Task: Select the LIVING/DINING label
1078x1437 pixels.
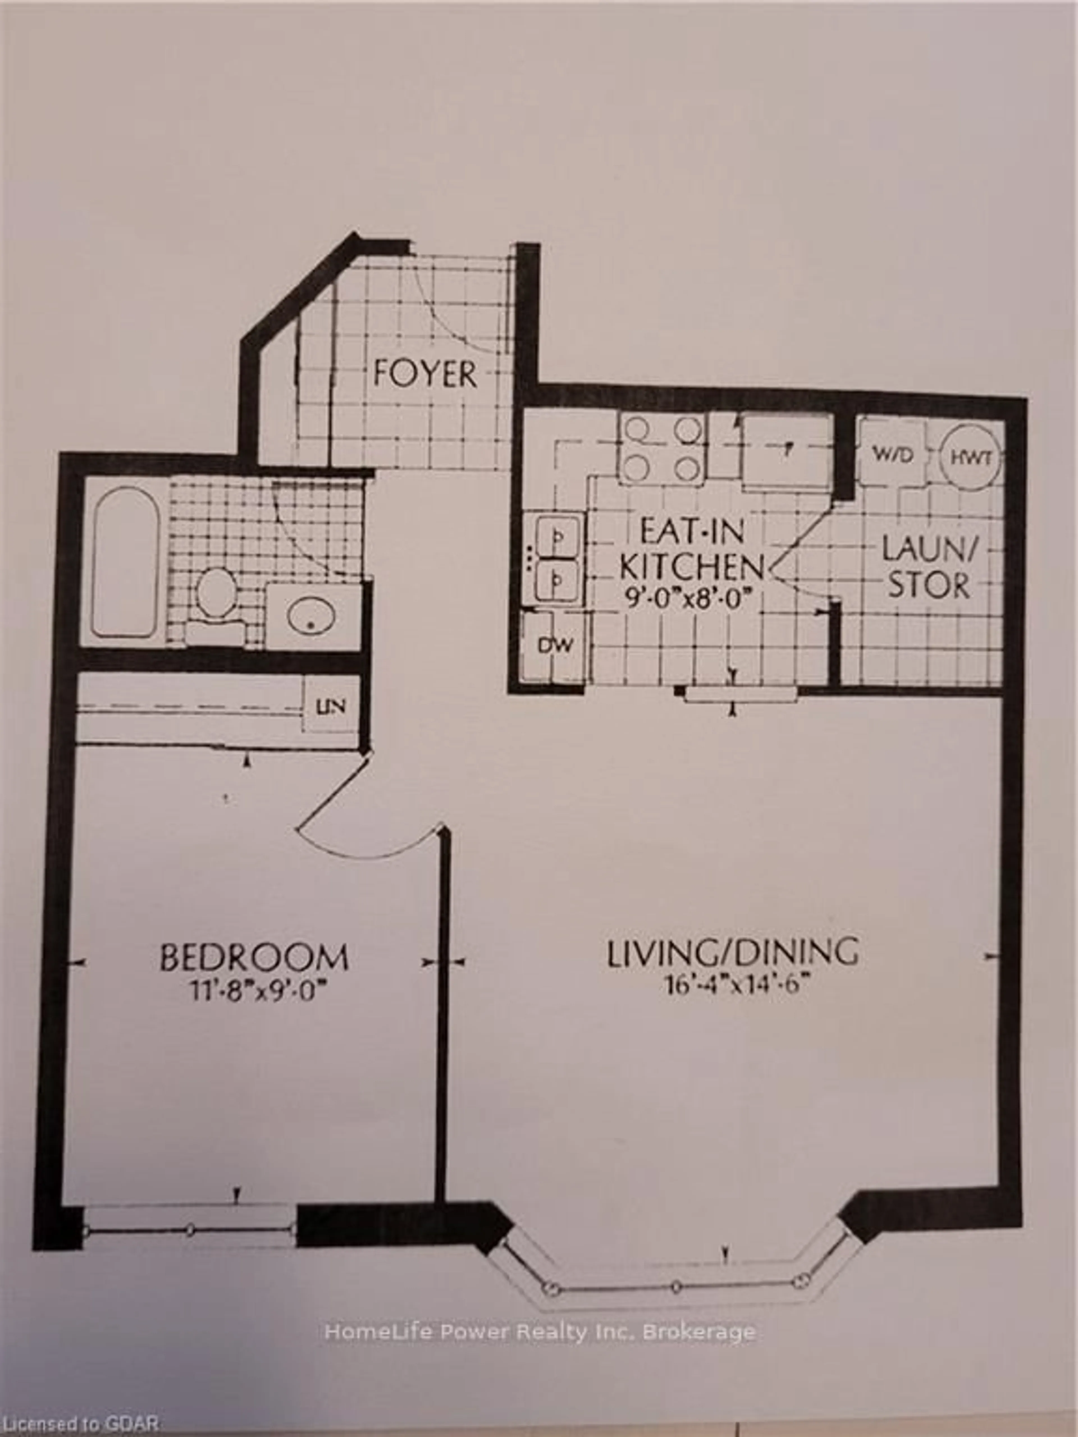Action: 732,953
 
